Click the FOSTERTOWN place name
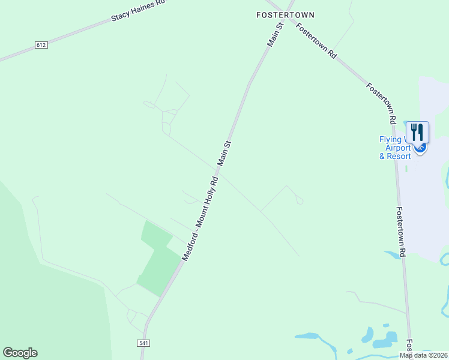pos(285,14)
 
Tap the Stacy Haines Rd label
pos(138,11)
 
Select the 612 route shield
pos(41,45)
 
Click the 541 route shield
pos(143,343)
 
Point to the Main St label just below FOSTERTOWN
pos(275,35)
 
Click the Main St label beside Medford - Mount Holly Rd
pos(224,154)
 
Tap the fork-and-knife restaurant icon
pos(417,132)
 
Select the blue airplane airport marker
pos(421,147)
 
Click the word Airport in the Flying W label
pos(397,148)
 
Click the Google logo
pos(20,353)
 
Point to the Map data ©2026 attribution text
pos(423,355)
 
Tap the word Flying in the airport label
pos(390,140)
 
